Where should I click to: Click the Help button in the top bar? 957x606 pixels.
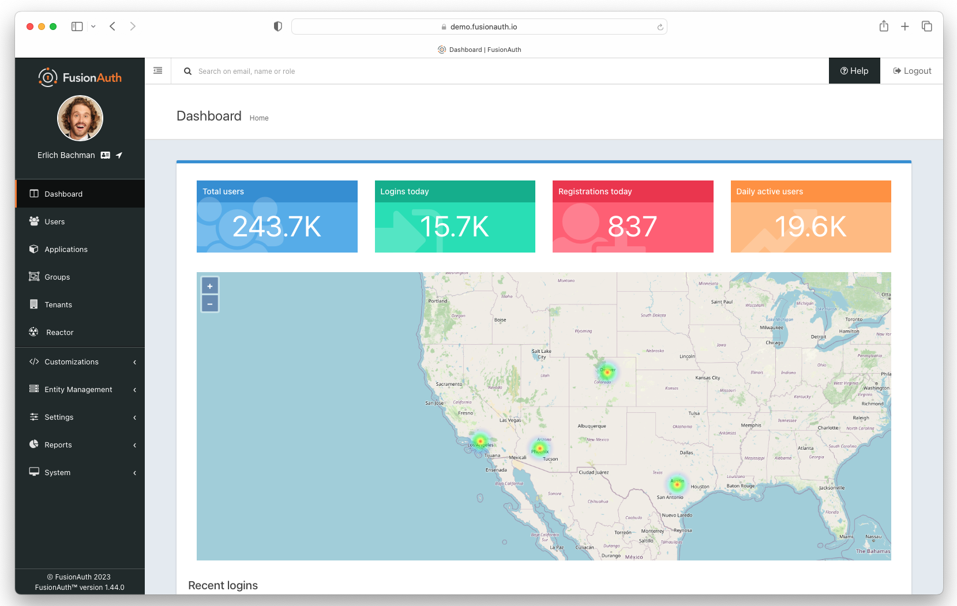pyautogui.click(x=854, y=71)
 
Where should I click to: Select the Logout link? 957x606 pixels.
pyautogui.click(x=912, y=71)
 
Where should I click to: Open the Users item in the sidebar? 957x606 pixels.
pyautogui.click(x=55, y=222)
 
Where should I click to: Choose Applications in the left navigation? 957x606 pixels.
pyautogui.click(x=66, y=250)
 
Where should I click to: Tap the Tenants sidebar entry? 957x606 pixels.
pyautogui.click(x=58, y=305)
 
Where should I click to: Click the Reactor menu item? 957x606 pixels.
pyautogui.click(x=59, y=333)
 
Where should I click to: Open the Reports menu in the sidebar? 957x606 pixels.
pyautogui.click(x=58, y=445)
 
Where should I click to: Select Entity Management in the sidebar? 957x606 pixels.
pyautogui.click(x=78, y=390)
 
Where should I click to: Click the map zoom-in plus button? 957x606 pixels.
pyautogui.click(x=210, y=286)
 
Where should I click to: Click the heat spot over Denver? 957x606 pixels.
pyautogui.click(x=607, y=372)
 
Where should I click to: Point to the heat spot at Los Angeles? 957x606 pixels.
pyautogui.click(x=480, y=441)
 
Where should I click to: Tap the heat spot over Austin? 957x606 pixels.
pyautogui.click(x=677, y=484)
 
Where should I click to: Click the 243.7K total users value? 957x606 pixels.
pyautogui.click(x=277, y=227)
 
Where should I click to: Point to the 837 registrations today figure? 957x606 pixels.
pyautogui.click(x=632, y=227)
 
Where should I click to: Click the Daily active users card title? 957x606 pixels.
pyautogui.click(x=770, y=191)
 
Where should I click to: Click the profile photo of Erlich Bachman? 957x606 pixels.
pyautogui.click(x=80, y=118)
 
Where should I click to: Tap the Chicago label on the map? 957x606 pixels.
pyautogui.click(x=774, y=342)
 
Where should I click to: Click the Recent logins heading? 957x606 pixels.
pyautogui.click(x=223, y=585)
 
